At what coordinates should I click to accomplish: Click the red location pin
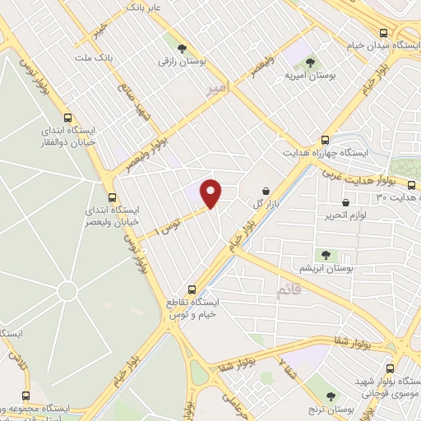pos(211,192)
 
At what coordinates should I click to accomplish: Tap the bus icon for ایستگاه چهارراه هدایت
pos(325,140)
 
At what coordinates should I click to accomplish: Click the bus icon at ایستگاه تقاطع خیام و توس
pos(192,289)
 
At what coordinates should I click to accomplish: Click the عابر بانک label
pos(144,8)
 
